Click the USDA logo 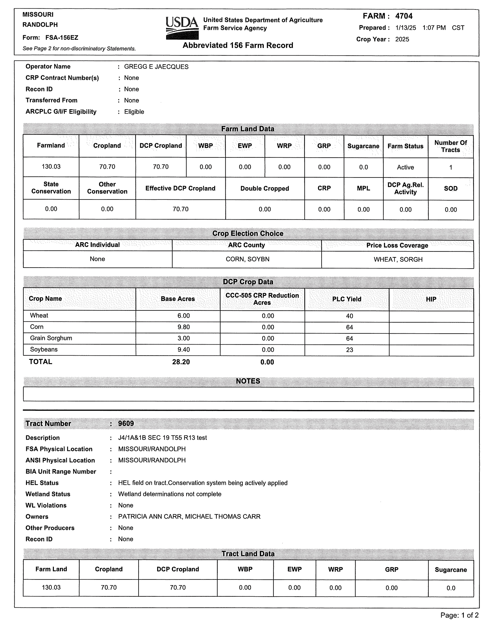click(x=182, y=28)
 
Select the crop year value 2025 click(x=402, y=39)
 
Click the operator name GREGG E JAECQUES click(x=156, y=67)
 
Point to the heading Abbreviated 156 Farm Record click(x=238, y=45)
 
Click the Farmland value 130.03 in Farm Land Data click(x=51, y=167)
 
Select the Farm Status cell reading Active click(x=405, y=167)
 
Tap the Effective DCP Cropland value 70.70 click(x=180, y=209)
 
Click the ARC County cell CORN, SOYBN click(x=247, y=259)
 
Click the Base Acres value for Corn click(x=183, y=327)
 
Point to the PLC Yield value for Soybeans click(x=349, y=350)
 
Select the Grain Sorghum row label click(x=51, y=338)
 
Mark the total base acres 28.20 click(x=181, y=362)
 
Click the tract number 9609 click(x=126, y=424)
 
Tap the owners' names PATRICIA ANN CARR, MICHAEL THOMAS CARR click(x=189, y=517)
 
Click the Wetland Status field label click(x=48, y=494)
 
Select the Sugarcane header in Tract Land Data click(x=450, y=570)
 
